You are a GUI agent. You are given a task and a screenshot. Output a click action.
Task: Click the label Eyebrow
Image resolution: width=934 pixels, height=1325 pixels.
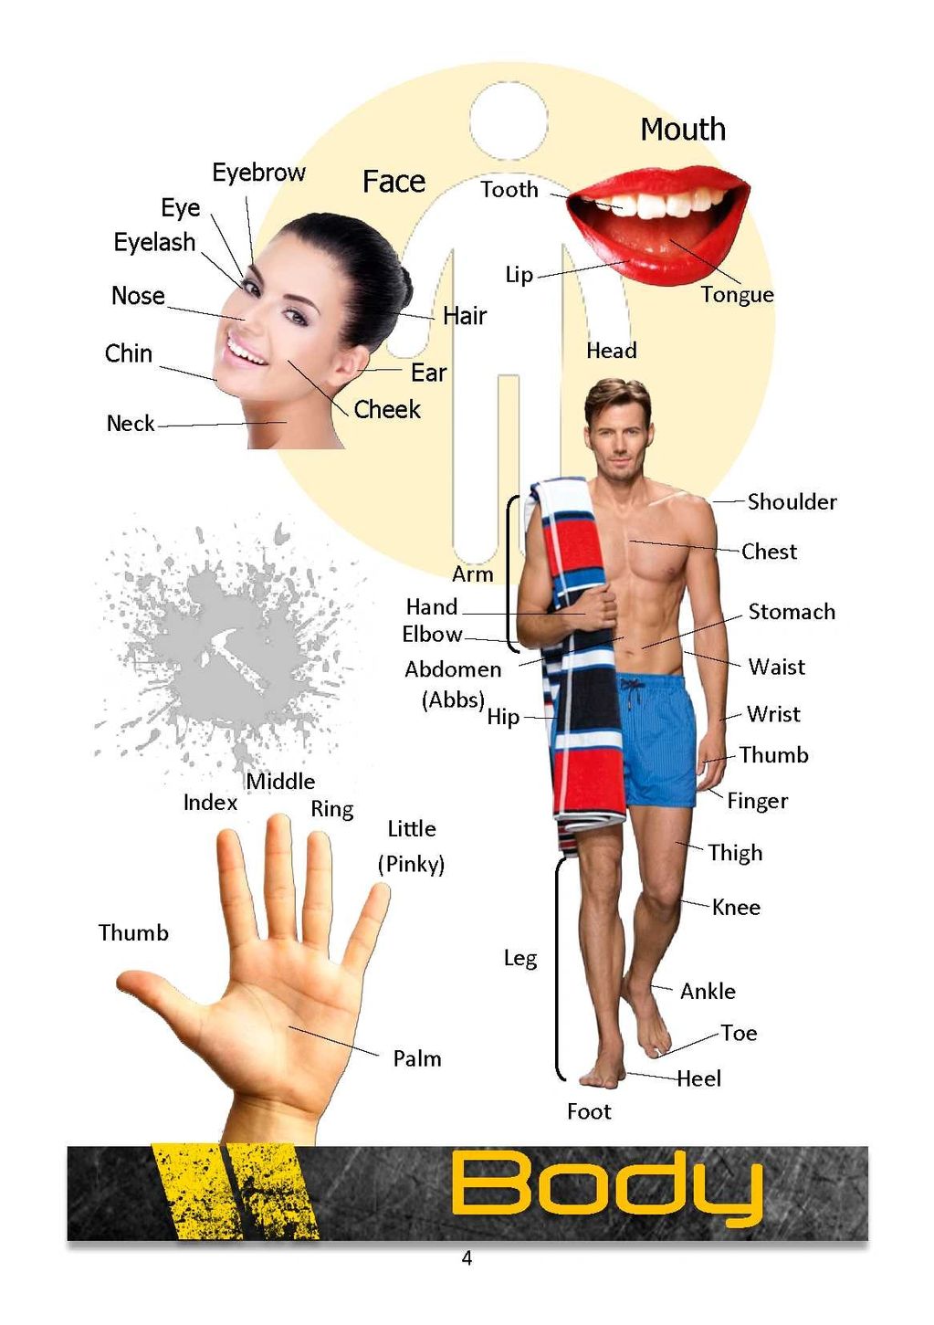258,173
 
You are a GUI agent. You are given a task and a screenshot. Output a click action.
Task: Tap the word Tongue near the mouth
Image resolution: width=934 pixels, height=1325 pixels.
737,295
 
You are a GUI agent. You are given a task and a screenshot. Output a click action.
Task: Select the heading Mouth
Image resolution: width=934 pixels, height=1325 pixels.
683,130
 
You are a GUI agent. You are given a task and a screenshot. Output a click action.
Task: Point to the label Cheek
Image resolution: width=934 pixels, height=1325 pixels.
387,409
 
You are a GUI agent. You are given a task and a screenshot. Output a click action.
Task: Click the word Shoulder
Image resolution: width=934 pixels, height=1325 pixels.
792,502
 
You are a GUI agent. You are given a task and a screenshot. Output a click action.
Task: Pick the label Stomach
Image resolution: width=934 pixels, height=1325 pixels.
792,612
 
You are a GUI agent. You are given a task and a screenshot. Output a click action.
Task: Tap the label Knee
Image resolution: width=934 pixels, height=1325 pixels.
736,907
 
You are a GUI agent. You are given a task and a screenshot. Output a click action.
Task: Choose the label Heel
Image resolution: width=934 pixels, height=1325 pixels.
698,1079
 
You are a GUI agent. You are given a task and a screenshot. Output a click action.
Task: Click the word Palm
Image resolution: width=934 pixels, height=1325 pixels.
417,1059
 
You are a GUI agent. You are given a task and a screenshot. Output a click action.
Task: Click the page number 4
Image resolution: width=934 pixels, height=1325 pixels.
467,1258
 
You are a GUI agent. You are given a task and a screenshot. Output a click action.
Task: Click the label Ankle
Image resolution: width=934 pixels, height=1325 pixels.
708,992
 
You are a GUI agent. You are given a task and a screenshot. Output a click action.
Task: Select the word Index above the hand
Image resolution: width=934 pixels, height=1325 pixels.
210,803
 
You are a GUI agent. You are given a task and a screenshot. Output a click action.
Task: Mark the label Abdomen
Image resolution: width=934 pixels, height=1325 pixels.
453,669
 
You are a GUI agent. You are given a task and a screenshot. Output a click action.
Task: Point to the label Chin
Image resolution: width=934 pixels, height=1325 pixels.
129,353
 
